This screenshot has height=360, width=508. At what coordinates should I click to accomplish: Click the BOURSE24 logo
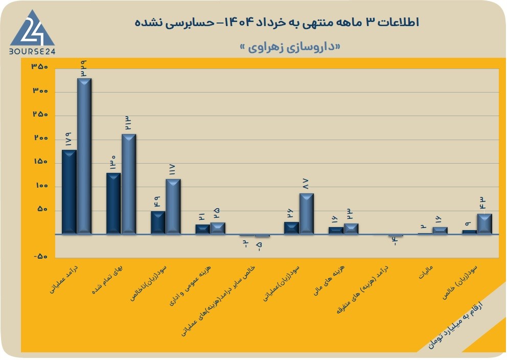(x=32, y=32)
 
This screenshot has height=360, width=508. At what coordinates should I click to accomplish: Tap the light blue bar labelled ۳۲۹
(x=84, y=156)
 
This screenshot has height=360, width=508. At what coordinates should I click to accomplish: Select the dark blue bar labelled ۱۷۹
(x=70, y=192)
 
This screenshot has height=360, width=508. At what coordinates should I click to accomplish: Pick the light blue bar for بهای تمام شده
(x=129, y=184)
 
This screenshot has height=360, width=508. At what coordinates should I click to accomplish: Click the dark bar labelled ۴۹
(x=158, y=222)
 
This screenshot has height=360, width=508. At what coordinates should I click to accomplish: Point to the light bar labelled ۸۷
(x=307, y=214)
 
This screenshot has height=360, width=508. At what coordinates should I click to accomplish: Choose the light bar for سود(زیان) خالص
(x=484, y=224)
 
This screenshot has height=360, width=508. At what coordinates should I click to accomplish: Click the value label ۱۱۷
(x=172, y=169)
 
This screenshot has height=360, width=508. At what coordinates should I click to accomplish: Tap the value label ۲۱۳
(x=128, y=123)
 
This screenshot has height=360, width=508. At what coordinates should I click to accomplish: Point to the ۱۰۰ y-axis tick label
(x=40, y=186)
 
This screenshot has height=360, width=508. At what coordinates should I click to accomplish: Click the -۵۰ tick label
(x=41, y=257)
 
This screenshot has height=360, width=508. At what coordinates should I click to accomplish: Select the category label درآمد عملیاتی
(x=64, y=279)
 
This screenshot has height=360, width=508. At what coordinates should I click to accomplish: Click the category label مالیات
(x=426, y=272)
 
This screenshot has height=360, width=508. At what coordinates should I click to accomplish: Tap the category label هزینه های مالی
(x=329, y=280)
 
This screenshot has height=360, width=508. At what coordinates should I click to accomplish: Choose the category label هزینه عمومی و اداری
(x=191, y=285)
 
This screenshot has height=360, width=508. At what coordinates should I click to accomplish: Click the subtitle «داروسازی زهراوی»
(x=290, y=48)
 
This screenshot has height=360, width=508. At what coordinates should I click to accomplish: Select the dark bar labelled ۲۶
(x=292, y=228)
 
